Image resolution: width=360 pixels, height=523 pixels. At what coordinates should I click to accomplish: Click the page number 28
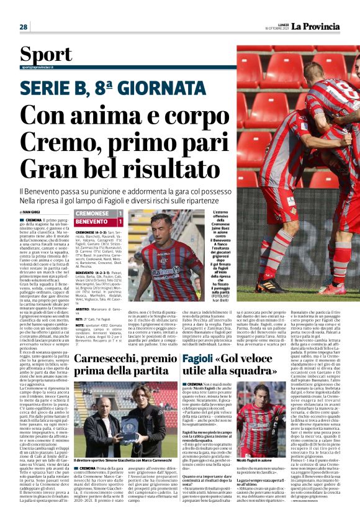click(24, 27)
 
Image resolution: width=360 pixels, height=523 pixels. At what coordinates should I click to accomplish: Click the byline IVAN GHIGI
click(31, 212)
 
